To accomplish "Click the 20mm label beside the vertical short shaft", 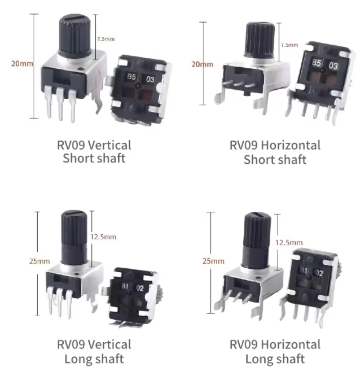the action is (x=22, y=64).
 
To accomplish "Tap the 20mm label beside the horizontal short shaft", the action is (x=203, y=64).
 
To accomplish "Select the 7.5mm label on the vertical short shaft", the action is (x=106, y=39).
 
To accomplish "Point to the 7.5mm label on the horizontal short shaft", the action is (x=289, y=45).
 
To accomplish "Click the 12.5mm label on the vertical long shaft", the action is (x=103, y=237).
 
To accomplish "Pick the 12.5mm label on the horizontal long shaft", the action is (x=289, y=242).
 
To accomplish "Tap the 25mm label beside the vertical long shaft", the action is (x=39, y=261).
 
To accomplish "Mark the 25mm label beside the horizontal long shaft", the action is (x=213, y=261).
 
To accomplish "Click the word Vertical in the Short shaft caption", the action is (x=109, y=145).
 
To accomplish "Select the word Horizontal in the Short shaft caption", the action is (x=291, y=145).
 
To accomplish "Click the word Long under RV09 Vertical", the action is (x=77, y=359).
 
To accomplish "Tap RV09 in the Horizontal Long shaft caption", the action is (x=243, y=344).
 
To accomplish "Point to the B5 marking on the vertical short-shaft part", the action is (x=131, y=77).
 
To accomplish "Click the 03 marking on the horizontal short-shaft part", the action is (x=333, y=65).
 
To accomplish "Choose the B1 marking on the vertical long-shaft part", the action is (x=125, y=286).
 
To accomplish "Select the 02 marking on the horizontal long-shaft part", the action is (x=319, y=273).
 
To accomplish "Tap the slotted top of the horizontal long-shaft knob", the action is (x=257, y=215).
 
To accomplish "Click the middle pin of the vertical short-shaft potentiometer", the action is (x=60, y=103).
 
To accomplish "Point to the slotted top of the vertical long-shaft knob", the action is (x=74, y=213).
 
